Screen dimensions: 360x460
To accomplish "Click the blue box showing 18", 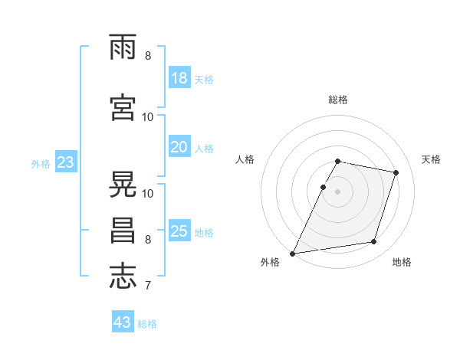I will [x=179, y=78].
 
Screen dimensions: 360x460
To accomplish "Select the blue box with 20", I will [x=179, y=147].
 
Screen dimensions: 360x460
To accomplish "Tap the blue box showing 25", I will [x=179, y=231].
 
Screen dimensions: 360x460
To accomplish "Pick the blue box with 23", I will [x=65, y=162].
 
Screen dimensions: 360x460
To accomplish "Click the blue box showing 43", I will [x=123, y=322].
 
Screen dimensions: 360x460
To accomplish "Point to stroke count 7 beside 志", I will [x=147, y=287].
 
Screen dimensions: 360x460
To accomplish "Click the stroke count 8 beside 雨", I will [x=147, y=56].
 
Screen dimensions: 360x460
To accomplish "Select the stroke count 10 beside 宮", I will [x=148, y=117].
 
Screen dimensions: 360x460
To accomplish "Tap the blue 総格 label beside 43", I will [x=147, y=324].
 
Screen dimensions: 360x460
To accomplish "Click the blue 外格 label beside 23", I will [x=41, y=163].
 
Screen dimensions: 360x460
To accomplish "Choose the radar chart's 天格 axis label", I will [x=431, y=159].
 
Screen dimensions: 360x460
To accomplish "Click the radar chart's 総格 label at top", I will [x=338, y=100].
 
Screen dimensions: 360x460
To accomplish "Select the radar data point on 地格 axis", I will [x=374, y=242].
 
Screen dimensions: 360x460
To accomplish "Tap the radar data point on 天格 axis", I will [x=396, y=172].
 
